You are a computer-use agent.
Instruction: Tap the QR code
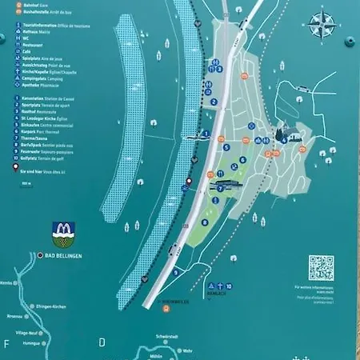coord(321,268)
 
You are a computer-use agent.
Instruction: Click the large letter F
coord(6,343)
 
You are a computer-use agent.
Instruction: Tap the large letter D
coord(102,343)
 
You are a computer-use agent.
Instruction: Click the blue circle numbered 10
coord(228,286)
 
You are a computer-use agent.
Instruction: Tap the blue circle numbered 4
coord(283,139)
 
